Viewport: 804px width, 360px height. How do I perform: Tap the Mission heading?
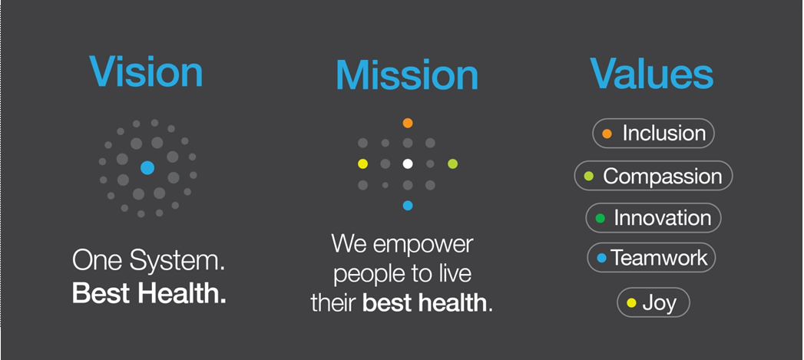pos(407,75)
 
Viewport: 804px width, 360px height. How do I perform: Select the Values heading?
pos(651,74)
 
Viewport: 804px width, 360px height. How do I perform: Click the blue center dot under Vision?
pos(147,167)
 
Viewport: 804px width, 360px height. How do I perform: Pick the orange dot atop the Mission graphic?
pos(408,123)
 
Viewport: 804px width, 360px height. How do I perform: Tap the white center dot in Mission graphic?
pos(408,163)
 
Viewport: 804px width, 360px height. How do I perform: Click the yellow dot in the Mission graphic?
pos(362,164)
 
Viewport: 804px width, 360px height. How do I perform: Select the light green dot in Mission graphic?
pos(452,164)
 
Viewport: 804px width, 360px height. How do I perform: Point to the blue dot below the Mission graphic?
pos(408,206)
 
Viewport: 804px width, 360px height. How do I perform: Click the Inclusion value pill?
pos(653,134)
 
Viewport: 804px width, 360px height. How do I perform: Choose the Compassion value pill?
pos(653,176)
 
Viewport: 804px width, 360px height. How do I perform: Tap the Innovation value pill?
pos(653,218)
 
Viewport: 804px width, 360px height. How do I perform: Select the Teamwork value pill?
pos(651,257)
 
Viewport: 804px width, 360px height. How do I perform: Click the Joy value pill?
pos(653,302)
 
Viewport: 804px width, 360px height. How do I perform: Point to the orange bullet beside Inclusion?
pos(607,134)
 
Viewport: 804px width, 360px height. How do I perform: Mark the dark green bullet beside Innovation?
pos(600,219)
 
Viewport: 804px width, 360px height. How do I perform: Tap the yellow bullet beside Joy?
pos(631,303)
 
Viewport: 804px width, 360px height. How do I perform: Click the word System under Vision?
pos(177,262)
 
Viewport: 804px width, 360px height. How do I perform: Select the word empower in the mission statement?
pos(423,245)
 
